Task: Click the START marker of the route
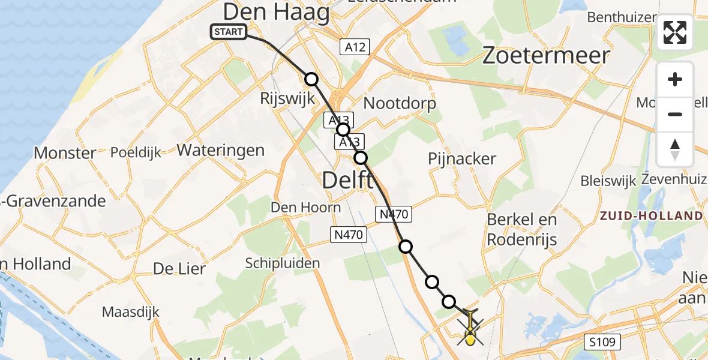(229, 32)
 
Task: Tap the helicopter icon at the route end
(470, 329)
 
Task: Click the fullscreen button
(675, 32)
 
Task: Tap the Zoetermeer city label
(546, 56)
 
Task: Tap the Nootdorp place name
(400, 103)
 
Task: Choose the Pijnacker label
(462, 159)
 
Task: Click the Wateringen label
(221, 149)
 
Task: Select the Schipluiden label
(283, 263)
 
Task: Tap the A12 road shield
(355, 47)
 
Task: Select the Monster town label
(65, 153)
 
